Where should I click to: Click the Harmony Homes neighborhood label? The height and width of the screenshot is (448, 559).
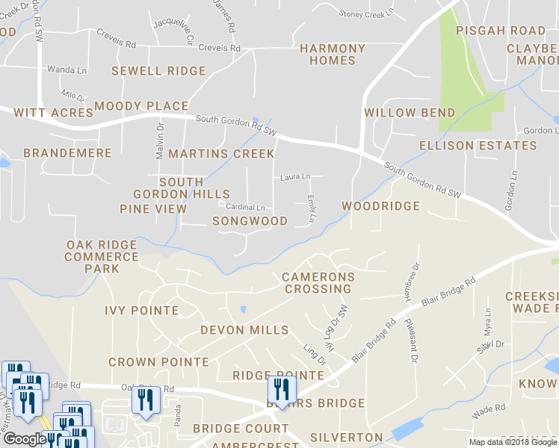[x=333, y=55]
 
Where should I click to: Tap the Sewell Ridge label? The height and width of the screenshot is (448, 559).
[x=158, y=71]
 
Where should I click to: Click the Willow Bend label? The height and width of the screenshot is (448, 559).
[x=410, y=113]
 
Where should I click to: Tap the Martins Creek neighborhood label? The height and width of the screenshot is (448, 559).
[x=221, y=154]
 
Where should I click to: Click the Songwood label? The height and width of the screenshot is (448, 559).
[x=250, y=221]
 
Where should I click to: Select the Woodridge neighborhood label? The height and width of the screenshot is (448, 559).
[x=380, y=205]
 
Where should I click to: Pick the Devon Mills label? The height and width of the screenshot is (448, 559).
[x=244, y=330]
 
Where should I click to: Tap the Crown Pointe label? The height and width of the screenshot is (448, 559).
[x=158, y=362]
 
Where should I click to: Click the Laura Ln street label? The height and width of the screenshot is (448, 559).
[x=295, y=177]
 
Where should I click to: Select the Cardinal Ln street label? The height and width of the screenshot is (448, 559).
[x=246, y=207]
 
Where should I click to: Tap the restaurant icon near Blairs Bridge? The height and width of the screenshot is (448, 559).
[x=282, y=389]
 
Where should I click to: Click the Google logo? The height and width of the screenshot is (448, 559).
[x=25, y=439]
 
